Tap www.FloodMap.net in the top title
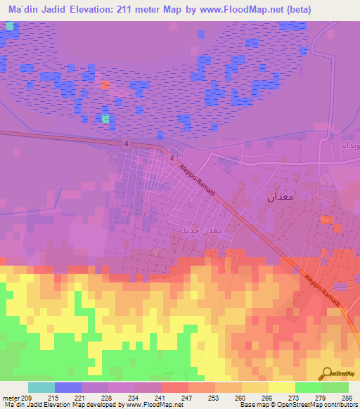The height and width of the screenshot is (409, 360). pyautogui.click(x=234, y=8)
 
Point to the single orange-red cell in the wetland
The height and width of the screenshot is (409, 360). pyautogui.click(x=105, y=86)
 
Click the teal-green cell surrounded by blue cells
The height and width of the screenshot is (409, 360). pyautogui.click(x=105, y=119)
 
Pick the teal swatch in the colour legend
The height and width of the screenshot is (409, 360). pyautogui.click(x=41, y=388)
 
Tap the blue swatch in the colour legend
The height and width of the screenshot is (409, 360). pyautogui.click(x=68, y=388)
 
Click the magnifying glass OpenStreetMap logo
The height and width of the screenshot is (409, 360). pyautogui.click(x=327, y=373)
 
